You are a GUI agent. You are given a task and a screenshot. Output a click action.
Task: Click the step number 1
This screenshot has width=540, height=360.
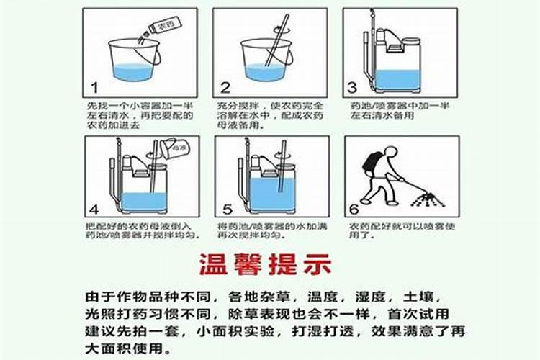[x=94, y=88]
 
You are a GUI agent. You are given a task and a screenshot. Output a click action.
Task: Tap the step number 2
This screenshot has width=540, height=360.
[x=225, y=88]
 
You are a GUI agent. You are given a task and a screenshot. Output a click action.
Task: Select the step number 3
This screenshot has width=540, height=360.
[x=353, y=88]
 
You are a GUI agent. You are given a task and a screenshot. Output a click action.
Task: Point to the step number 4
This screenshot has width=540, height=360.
[x=94, y=210]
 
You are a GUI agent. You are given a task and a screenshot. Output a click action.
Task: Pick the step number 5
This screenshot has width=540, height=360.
[x=227, y=210]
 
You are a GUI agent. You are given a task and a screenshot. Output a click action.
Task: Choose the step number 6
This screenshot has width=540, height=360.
[x=354, y=210]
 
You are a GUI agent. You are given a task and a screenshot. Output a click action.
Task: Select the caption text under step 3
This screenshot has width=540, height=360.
[x=399, y=109]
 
